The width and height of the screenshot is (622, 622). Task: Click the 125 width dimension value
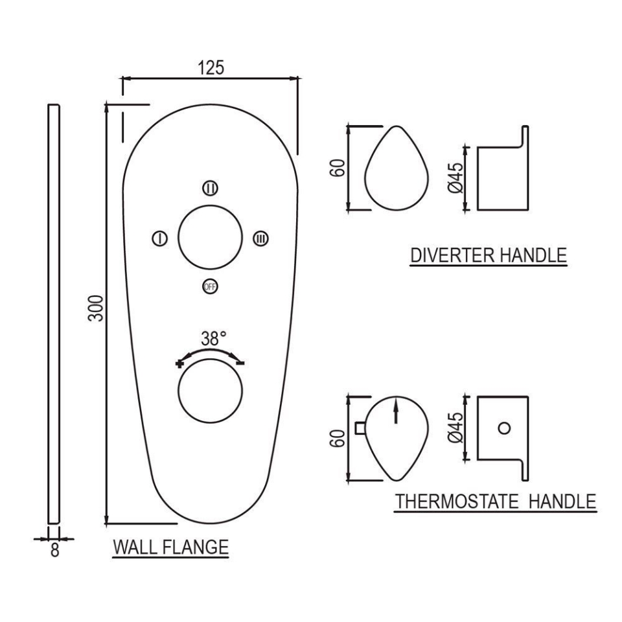pos(211,67)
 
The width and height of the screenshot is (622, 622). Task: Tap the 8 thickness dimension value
pos(54,551)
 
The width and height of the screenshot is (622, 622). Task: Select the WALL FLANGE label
pos(171,547)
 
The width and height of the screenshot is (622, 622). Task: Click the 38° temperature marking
pos(213,338)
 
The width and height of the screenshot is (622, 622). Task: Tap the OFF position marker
pos(210,286)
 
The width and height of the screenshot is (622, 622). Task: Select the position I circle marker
pos(158,238)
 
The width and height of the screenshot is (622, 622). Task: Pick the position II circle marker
pos(210,188)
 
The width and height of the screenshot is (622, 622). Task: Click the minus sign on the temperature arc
pos(240,363)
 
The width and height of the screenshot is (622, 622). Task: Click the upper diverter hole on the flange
pos(210,238)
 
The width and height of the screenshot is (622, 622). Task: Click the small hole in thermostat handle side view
pos(505,428)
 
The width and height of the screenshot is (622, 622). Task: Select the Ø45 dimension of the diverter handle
pos(455,178)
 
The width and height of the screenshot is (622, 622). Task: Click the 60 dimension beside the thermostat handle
pos(336,438)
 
